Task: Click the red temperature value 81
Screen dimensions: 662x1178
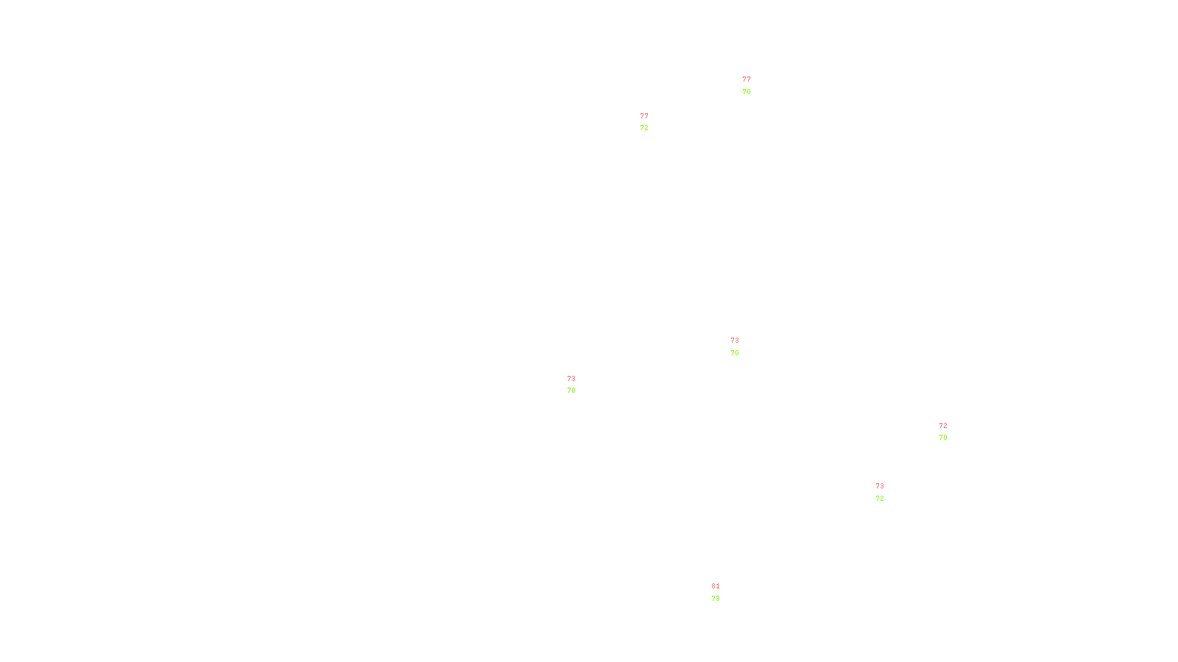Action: click(x=716, y=586)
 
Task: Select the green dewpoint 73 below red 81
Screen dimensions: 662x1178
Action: click(x=716, y=599)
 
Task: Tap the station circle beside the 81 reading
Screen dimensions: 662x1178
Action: click(x=722, y=593)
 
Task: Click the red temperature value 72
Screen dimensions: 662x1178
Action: click(x=943, y=426)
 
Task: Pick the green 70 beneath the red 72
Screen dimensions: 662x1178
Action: click(x=943, y=438)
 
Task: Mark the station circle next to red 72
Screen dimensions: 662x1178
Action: click(x=950, y=432)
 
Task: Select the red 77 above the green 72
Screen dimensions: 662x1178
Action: click(x=644, y=116)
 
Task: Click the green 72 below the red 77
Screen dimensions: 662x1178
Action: click(x=644, y=128)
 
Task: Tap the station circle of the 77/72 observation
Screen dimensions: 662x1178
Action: click(x=652, y=122)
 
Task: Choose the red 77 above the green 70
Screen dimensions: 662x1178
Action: click(x=747, y=79)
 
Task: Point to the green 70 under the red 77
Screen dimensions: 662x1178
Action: click(x=747, y=92)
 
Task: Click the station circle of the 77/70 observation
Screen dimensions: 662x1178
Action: click(x=753, y=86)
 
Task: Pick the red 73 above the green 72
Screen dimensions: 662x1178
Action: click(x=880, y=486)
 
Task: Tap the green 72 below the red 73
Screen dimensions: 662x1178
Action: click(x=880, y=499)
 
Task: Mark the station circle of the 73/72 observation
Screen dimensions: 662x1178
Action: click(x=886, y=493)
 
